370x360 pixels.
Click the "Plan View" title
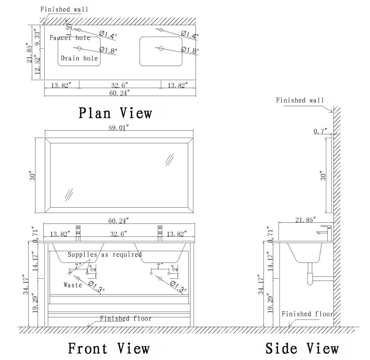[115, 113]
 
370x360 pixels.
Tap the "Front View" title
[109, 348]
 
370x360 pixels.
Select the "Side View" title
[302, 348]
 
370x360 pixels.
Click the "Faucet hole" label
[70, 38]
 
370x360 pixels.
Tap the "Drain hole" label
[79, 58]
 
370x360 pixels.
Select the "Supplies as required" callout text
[105, 255]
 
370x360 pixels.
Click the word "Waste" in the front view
[73, 285]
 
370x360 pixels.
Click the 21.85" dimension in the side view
[305, 220]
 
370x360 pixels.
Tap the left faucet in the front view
[78, 233]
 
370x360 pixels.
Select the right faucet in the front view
[159, 233]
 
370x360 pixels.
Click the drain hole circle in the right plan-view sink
[161, 48]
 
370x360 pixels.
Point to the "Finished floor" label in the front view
[126, 318]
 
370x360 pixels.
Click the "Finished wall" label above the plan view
[64, 9]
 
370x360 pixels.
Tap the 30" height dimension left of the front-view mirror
[33, 176]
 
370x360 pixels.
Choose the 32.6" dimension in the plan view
[120, 85]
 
